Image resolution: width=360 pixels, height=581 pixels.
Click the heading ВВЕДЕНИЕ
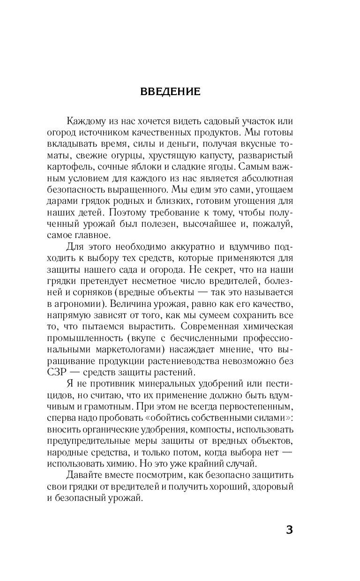pyautogui.click(x=170, y=92)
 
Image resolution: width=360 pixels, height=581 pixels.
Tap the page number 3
pyautogui.click(x=289, y=530)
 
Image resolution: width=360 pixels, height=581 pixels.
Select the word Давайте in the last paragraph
pyautogui.click(x=82, y=476)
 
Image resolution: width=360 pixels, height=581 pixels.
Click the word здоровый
pyautogui.click(x=274, y=487)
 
